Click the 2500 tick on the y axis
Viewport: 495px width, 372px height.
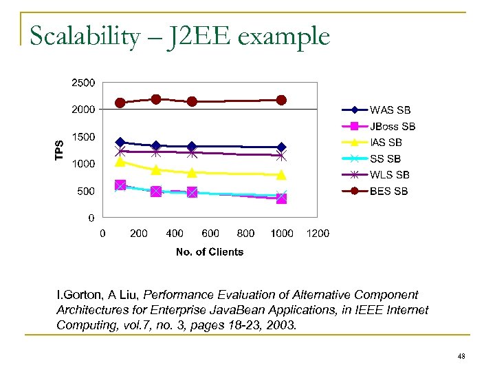point(83,83)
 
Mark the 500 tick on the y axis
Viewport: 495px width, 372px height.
point(86,191)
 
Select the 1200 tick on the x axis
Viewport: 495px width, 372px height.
point(318,234)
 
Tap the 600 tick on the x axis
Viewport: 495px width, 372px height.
point(210,234)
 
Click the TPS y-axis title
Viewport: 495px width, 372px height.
point(60,150)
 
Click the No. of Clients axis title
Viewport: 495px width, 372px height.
point(210,252)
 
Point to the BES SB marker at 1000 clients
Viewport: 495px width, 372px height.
point(281,100)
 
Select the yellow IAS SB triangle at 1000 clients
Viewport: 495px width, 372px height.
point(281,174)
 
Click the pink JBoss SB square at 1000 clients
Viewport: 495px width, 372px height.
point(281,198)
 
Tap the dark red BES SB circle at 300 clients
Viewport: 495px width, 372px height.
point(156,99)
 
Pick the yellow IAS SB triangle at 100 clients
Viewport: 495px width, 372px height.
point(120,162)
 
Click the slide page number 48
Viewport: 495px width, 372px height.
point(461,356)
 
